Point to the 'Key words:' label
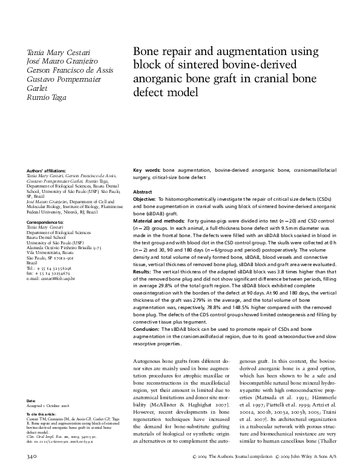pyautogui.click(x=146, y=171)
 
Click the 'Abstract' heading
pyautogui.click(x=142, y=192)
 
